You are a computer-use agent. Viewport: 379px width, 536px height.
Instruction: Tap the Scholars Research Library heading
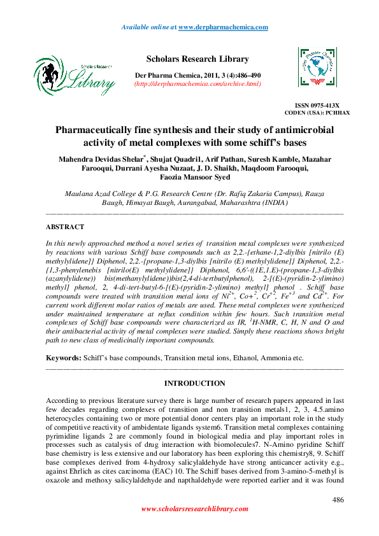(197, 59)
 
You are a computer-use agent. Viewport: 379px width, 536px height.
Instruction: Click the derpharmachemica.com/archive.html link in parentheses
(197, 84)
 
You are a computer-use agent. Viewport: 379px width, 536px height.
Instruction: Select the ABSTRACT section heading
(65, 227)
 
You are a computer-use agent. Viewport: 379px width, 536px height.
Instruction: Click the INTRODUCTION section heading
(194, 383)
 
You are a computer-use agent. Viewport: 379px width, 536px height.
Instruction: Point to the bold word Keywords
(63, 358)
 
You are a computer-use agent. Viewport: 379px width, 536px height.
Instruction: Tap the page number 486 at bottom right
(338, 500)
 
